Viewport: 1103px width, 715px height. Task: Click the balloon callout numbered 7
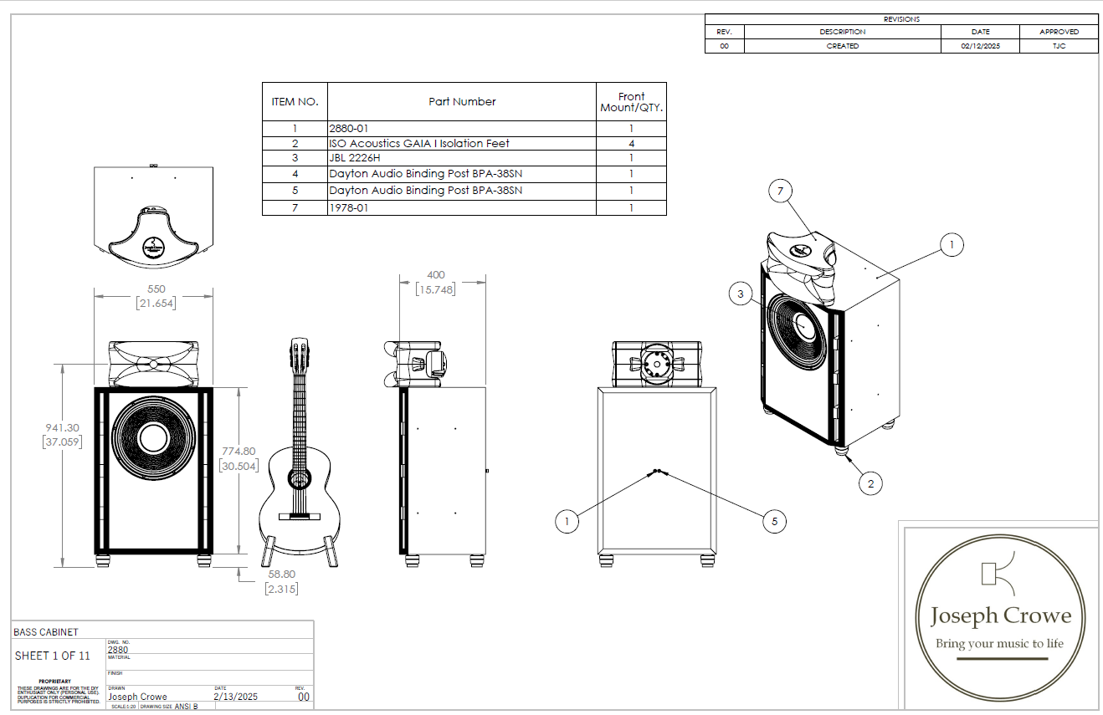click(780, 192)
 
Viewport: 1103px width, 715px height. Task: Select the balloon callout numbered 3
click(740, 294)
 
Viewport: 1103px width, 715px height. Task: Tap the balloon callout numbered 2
click(870, 483)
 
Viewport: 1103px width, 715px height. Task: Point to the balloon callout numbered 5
click(774, 522)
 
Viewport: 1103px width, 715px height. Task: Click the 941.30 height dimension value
click(62, 427)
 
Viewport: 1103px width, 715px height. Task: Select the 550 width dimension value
click(156, 289)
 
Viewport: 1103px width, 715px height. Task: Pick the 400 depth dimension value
click(435, 274)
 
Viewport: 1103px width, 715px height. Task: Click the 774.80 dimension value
click(239, 451)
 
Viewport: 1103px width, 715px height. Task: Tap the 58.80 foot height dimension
click(281, 575)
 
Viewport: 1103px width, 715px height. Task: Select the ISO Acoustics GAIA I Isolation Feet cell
click(418, 143)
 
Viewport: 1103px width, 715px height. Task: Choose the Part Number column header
click(462, 101)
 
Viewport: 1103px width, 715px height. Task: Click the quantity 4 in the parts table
click(631, 143)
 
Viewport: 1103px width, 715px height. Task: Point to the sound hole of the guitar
click(300, 478)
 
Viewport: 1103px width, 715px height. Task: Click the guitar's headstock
click(299, 352)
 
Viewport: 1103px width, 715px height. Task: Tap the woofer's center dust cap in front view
click(154, 438)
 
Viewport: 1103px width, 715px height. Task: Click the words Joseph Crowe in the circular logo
click(1001, 616)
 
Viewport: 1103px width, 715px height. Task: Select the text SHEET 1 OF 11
click(52, 656)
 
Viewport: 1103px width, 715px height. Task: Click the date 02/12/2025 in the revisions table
click(981, 46)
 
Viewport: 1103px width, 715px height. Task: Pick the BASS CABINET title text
click(46, 631)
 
